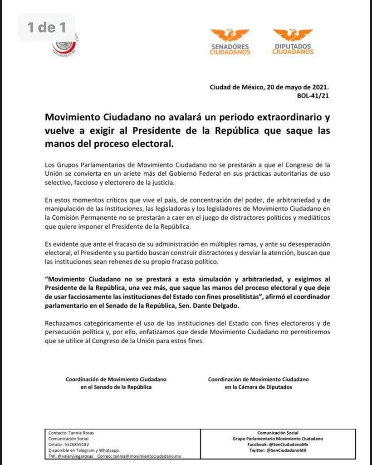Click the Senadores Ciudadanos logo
(230, 42)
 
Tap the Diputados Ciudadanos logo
(293, 42)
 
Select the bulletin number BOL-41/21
(313, 96)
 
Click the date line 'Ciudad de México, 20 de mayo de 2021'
(269, 88)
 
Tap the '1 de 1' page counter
(47, 28)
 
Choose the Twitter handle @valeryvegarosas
(76, 456)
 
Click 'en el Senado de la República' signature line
(116, 387)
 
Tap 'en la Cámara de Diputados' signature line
(259, 387)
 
